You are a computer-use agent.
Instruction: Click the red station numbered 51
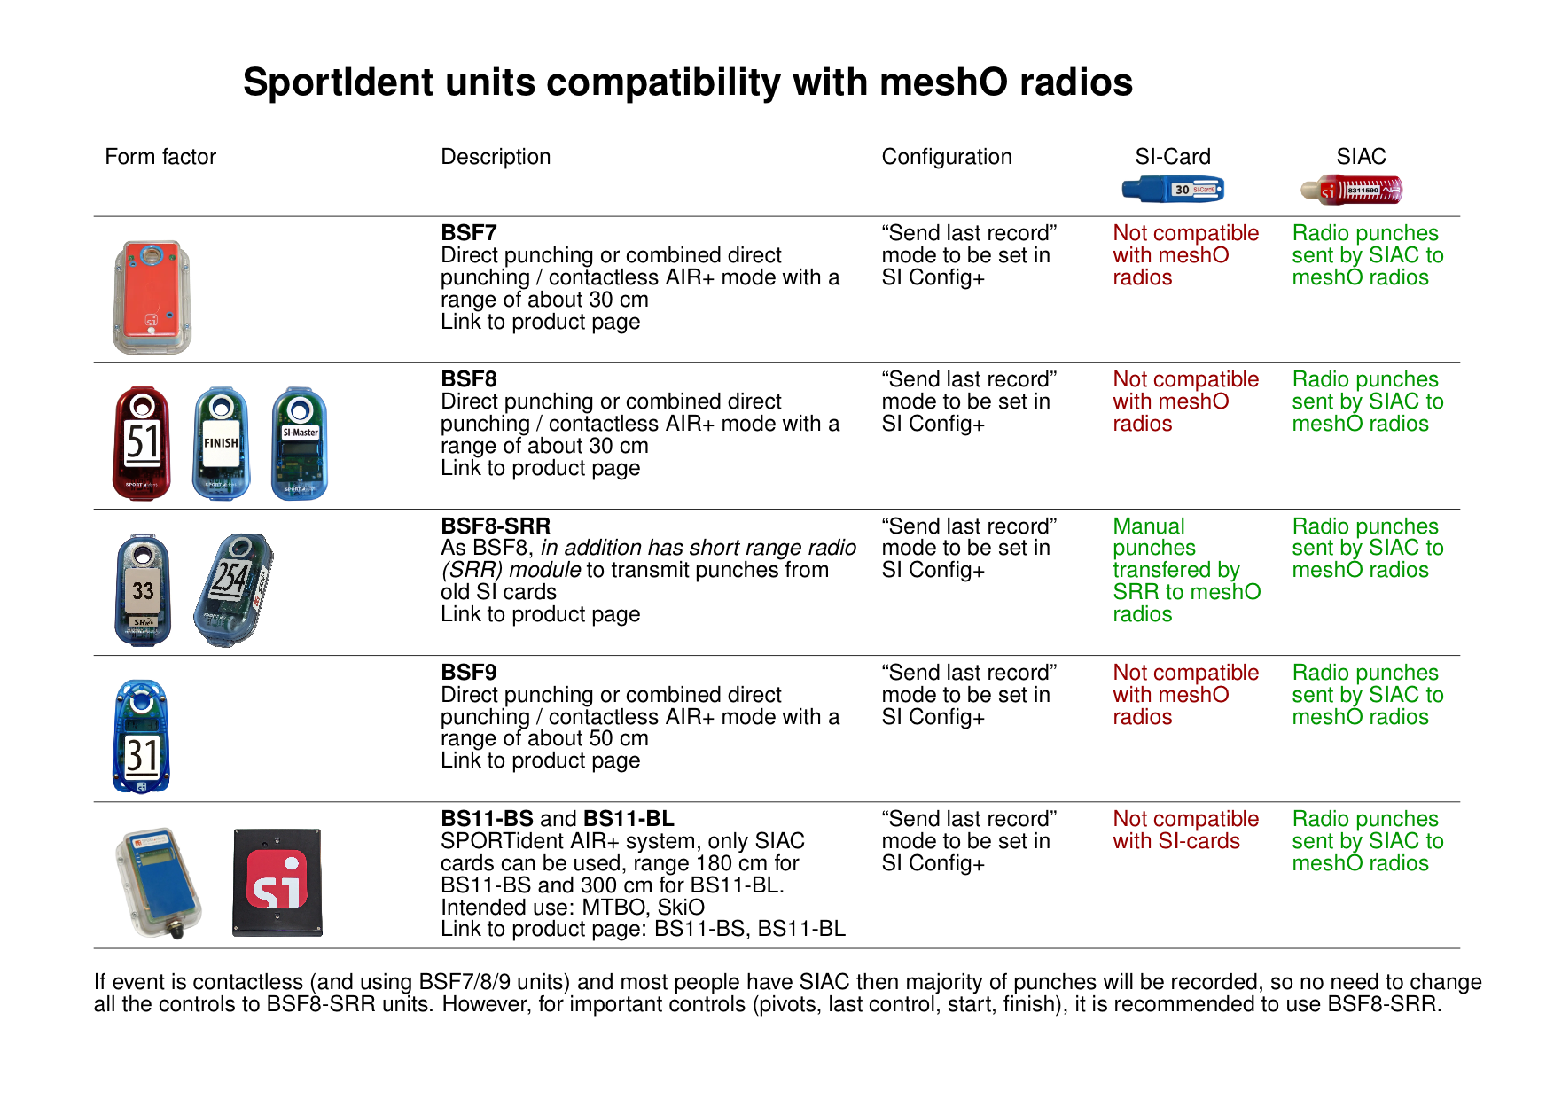pos(141,443)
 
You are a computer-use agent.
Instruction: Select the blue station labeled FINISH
pos(221,443)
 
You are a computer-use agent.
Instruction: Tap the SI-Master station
pos(300,443)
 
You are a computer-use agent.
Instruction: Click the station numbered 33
pos(143,590)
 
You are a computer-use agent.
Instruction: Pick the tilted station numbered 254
pos(233,589)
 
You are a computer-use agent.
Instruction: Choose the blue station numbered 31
pos(141,737)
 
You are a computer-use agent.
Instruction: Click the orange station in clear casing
pos(152,298)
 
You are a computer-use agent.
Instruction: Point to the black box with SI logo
pos(277,883)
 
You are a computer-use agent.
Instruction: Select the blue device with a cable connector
pos(160,883)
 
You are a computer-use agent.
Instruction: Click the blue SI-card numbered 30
pos(1172,189)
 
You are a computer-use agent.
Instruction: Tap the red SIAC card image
pos(1352,190)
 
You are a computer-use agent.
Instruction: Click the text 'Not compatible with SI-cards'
pos(1184,830)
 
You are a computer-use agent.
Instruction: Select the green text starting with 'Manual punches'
pos(1185,570)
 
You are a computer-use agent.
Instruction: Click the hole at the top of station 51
pos(143,407)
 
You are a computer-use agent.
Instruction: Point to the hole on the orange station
pos(152,257)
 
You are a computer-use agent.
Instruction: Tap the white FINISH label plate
pos(221,442)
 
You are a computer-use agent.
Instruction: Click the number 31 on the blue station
pos(142,756)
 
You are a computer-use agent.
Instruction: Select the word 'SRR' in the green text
pos(1136,592)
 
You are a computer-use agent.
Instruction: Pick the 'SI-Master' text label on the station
pos(300,433)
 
